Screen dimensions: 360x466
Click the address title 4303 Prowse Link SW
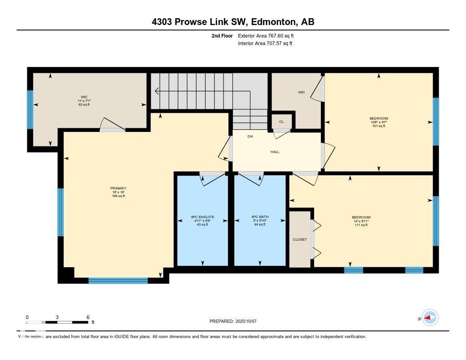(233, 22)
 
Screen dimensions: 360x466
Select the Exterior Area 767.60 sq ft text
(269, 35)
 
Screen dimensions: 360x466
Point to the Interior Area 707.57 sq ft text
(265, 44)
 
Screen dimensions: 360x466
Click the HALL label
(275, 152)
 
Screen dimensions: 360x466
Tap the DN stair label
(250, 137)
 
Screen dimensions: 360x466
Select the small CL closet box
(281, 122)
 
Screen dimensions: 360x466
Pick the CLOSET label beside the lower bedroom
(299, 239)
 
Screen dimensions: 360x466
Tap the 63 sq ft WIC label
(84, 101)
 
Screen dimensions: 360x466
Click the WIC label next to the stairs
(301, 92)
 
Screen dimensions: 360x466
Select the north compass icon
(430, 318)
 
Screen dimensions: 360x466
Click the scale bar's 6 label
(87, 317)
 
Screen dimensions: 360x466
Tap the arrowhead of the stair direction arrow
(157, 91)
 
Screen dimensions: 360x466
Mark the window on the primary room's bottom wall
(118, 280)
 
